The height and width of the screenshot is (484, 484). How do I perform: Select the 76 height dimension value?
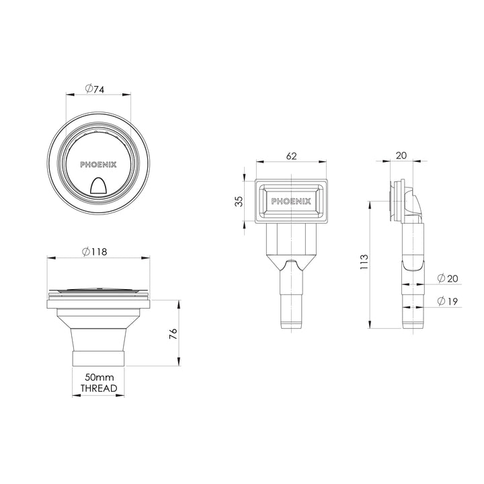coord(173,333)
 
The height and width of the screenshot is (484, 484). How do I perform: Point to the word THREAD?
coord(98,389)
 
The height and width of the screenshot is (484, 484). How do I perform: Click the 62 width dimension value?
coord(291,156)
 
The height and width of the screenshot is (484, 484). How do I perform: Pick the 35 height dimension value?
coord(238,202)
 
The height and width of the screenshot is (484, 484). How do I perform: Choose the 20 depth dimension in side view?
coord(401,155)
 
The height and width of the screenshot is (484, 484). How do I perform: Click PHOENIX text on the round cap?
coord(97,163)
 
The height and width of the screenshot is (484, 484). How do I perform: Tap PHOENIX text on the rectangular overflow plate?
coord(291,200)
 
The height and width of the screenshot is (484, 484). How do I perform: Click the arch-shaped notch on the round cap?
coord(97,185)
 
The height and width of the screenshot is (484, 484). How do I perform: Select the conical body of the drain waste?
coord(98,329)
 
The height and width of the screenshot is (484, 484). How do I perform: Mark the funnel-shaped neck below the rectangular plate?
coord(291,259)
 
